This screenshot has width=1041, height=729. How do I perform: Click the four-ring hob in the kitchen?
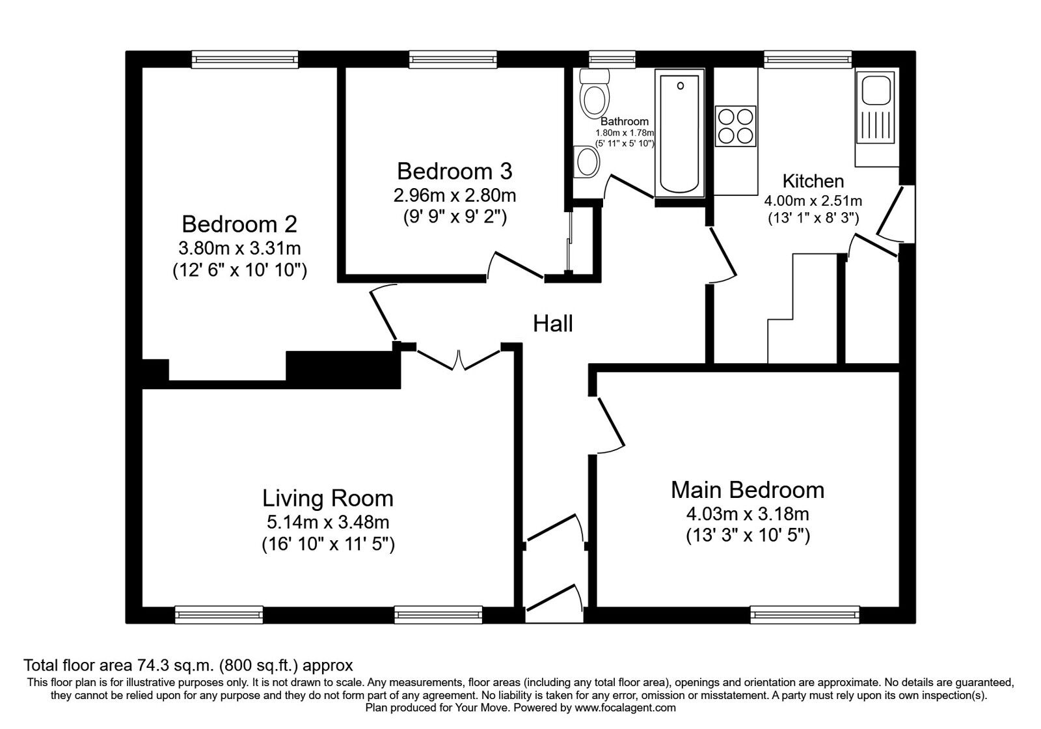736,126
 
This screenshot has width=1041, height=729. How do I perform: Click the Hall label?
553,323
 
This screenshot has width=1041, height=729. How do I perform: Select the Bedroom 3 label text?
454,171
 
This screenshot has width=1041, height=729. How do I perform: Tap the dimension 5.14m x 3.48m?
328,521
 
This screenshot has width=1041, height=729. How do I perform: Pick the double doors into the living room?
459,360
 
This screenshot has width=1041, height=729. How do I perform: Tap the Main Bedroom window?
805,614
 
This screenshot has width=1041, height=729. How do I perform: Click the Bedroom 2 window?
245,59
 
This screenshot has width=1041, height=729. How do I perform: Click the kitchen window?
807,59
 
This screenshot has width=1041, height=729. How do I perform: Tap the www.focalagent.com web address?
625,707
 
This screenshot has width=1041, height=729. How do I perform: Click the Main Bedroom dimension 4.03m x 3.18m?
748,514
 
